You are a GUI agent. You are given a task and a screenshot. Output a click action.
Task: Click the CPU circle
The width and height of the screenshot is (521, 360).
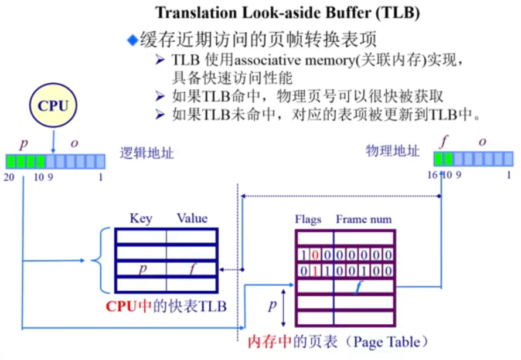tap(53, 107)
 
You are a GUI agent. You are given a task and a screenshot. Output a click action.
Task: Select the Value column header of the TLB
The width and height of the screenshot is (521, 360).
tap(192, 219)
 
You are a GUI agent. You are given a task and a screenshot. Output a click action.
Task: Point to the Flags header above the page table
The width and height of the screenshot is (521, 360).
tap(308, 220)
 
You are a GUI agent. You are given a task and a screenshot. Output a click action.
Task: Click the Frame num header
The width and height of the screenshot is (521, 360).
tap(363, 220)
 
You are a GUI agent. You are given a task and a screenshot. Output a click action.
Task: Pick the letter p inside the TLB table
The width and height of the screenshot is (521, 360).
tap(142, 269)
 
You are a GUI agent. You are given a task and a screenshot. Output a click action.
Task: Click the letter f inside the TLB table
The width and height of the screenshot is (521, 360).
tap(192, 269)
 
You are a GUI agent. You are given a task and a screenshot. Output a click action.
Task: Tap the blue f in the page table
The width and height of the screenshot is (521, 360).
tap(359, 286)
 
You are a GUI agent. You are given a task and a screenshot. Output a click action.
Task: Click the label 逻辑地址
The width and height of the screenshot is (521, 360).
tap(147, 152)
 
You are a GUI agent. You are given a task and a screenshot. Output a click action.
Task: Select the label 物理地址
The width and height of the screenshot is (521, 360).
tap(393, 151)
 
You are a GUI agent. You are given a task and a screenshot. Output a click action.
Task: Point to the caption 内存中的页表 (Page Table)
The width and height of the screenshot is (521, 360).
tap(338, 341)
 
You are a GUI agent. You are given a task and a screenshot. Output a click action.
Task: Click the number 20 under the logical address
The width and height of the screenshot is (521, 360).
tap(9, 176)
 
